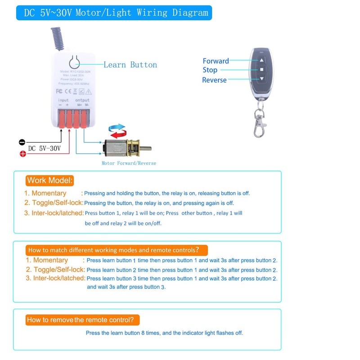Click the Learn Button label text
(x=130, y=65)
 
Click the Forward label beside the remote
(x=216, y=61)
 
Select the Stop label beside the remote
(x=210, y=70)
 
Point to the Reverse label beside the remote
(x=214, y=80)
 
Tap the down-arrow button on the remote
(x=261, y=79)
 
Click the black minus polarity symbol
(x=22, y=142)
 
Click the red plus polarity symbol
(x=22, y=154)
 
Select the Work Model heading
(x=49, y=180)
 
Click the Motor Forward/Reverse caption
(x=129, y=163)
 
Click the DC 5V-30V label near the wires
(x=44, y=148)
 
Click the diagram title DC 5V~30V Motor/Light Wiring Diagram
(x=114, y=13)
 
